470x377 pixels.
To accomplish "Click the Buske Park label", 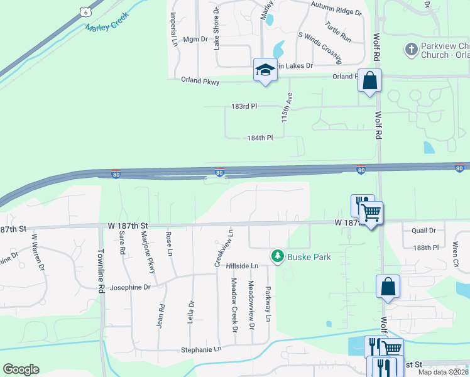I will pyautogui.click(x=309, y=256).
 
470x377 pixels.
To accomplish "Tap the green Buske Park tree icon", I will pyautogui.click(x=277, y=256).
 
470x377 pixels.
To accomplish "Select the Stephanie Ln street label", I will pyautogui.click(x=201, y=349).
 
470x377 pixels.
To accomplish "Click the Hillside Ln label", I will pyautogui.click(x=242, y=266).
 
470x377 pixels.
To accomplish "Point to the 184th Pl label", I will pyautogui.click(x=260, y=138).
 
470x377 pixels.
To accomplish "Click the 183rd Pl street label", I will pyautogui.click(x=244, y=107).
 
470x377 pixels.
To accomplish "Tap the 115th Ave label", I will pyautogui.click(x=287, y=107).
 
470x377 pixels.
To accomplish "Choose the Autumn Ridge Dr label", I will pyautogui.click(x=336, y=11).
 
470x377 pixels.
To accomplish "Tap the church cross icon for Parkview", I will pyautogui.click(x=411, y=49).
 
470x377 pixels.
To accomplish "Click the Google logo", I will pyautogui.click(x=21, y=369).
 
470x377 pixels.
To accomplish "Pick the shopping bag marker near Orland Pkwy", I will pyautogui.click(x=369, y=81).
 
